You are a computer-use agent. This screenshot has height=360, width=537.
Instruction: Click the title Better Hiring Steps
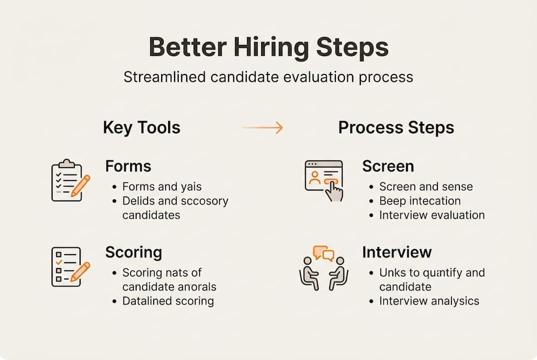[x=268, y=47]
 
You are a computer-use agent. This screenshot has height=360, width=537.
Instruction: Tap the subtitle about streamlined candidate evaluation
[x=268, y=77]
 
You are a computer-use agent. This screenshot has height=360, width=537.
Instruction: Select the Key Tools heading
[x=142, y=127]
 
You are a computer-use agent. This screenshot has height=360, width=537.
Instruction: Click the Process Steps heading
[x=396, y=127]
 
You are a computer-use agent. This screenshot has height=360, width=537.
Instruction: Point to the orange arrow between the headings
[x=263, y=128]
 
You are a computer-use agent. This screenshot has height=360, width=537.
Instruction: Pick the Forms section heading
[x=128, y=166]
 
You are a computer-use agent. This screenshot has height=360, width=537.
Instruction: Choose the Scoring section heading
[x=134, y=252]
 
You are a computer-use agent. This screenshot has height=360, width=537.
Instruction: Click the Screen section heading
[x=388, y=166]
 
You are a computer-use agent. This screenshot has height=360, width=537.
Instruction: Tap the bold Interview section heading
[x=397, y=252]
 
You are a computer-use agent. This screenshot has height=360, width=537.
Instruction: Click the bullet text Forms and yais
[x=162, y=187]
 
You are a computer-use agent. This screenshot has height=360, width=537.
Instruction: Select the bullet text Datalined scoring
[x=168, y=301]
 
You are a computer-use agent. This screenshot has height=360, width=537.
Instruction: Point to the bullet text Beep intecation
[x=419, y=201]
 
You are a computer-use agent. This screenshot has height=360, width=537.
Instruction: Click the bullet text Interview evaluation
[x=431, y=215]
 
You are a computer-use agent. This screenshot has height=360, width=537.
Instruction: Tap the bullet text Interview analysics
[x=429, y=301]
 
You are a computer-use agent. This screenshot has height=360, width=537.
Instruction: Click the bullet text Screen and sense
[x=425, y=187]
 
